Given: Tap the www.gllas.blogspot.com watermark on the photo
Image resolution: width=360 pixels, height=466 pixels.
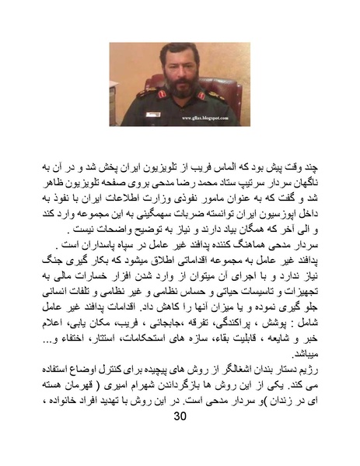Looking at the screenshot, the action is [206, 120].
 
